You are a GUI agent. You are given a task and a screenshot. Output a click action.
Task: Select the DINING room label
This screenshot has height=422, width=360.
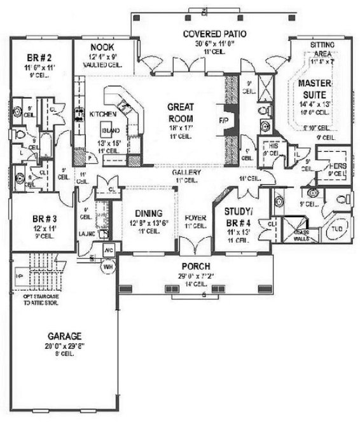(x=148, y=213)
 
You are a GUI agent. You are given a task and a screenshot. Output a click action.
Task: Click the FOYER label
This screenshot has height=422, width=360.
(x=195, y=218)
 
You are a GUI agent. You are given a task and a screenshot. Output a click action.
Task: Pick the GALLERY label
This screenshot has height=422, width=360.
(x=186, y=172)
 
